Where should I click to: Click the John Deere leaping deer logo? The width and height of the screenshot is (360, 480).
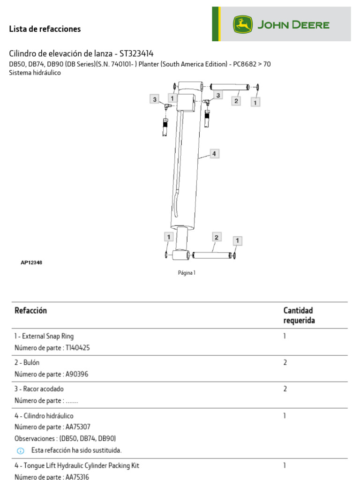pyautogui.click(x=243, y=24)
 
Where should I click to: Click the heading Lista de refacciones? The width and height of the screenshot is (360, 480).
pyautogui.click(x=45, y=29)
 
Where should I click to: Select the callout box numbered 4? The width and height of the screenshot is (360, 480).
pyautogui.click(x=214, y=154)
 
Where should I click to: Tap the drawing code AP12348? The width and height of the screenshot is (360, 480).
pyautogui.click(x=31, y=263)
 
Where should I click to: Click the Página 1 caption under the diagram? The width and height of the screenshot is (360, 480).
pyautogui.click(x=187, y=273)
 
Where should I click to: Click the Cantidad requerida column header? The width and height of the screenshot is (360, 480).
pyautogui.click(x=299, y=315)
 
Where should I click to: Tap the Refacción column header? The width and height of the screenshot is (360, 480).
pyautogui.click(x=31, y=310)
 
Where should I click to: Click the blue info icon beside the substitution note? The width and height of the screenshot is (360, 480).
pyautogui.click(x=20, y=451)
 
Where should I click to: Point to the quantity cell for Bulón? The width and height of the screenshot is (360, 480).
pyautogui.click(x=285, y=363)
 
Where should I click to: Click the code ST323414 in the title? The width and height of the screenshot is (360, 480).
pyautogui.click(x=136, y=53)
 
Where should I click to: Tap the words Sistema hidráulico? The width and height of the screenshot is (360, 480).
pyautogui.click(x=35, y=73)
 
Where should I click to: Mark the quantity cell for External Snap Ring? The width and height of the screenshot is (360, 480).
pyautogui.click(x=285, y=336)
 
